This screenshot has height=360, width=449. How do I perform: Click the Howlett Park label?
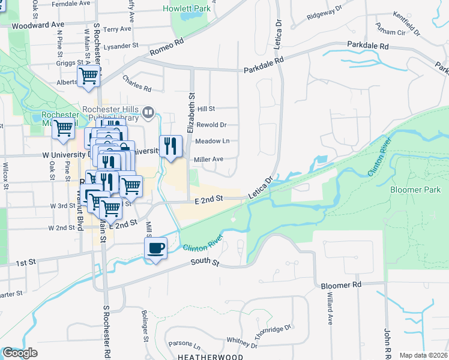coord(186,9)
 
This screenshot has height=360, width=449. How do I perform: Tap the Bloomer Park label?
coord(415,190)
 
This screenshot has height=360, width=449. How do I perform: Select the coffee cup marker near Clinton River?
coord(156,248)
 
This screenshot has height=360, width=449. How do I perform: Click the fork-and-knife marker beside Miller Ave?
coord(171,145)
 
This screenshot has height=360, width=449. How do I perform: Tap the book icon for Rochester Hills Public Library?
coord(149,112)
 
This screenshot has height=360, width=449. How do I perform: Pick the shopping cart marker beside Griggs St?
coord(88,76)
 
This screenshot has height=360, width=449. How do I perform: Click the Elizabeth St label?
coord(191,112)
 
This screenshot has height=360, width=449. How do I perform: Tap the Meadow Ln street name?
coord(212,142)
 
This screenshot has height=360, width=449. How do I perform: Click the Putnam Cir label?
coord(391,31)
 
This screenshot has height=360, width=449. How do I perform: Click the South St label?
coord(206,262)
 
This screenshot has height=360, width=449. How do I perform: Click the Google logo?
coord(20,353)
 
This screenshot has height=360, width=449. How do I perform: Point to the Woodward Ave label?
coord(37,25)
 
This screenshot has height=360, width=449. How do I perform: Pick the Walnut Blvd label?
coord(79,209)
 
